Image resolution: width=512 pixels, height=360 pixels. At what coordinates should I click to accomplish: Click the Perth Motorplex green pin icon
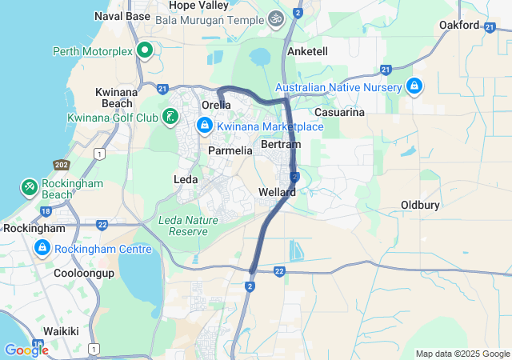tap(145, 51)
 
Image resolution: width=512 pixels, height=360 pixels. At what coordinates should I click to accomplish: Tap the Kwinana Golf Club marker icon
tap(170, 118)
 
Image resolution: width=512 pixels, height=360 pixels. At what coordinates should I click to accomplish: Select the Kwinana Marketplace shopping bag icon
tap(205, 126)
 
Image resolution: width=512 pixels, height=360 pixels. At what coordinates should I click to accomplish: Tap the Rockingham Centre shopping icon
tap(41, 250)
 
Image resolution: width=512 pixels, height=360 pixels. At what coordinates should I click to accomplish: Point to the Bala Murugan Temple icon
tap(276, 17)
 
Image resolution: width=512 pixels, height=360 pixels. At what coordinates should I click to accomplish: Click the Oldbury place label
tap(420, 206)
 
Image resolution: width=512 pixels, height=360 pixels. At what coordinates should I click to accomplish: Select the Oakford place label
tap(459, 26)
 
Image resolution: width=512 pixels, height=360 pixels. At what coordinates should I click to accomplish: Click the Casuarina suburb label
tap(339, 112)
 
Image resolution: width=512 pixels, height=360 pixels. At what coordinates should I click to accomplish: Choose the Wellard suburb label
tap(278, 193)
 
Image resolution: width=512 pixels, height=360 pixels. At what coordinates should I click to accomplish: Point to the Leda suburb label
tap(186, 180)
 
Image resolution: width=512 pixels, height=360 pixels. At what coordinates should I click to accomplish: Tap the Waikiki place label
tap(61, 331)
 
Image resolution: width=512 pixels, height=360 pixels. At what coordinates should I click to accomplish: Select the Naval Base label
tap(122, 16)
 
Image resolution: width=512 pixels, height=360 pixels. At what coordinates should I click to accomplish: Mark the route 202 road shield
tap(61, 165)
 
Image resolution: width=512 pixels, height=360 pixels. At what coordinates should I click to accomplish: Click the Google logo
tap(26, 350)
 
